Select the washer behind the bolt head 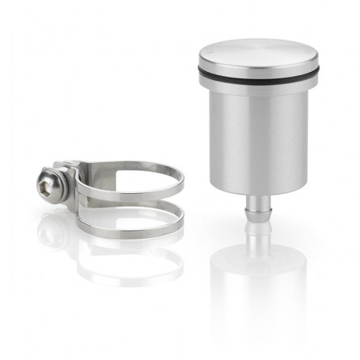point(60,186)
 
